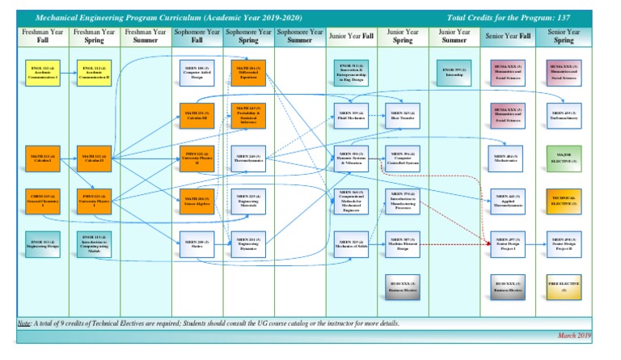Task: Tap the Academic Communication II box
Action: click(x=92, y=71)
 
